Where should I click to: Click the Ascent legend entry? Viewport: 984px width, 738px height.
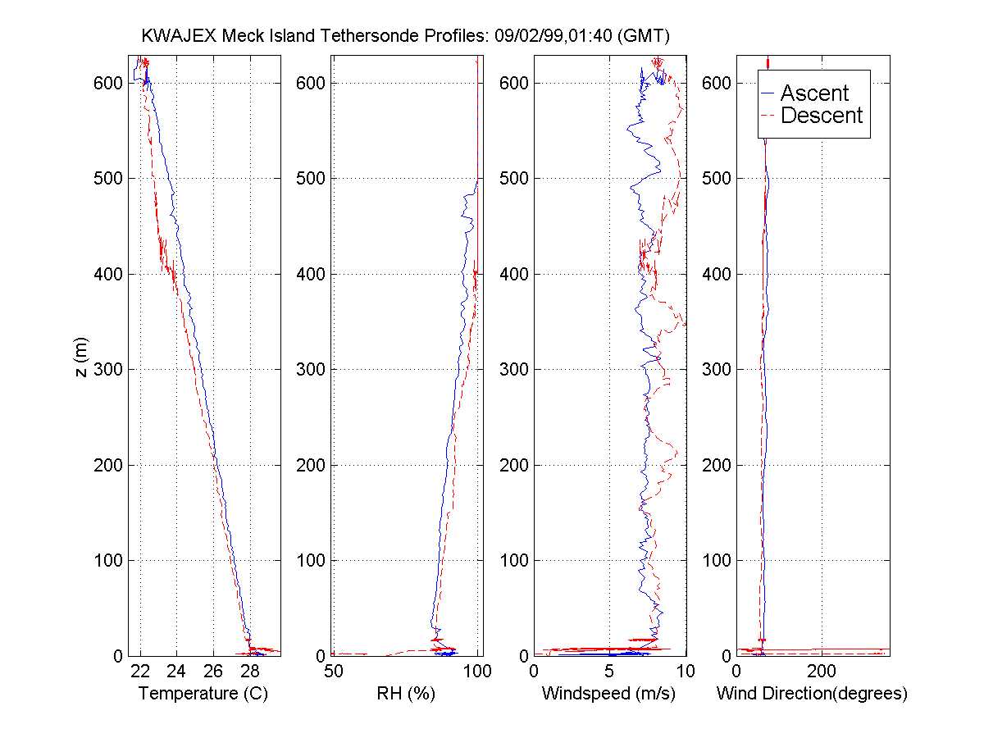pos(813,93)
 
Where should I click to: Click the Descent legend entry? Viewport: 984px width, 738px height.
pos(821,116)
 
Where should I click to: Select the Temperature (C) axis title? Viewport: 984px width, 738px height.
pos(203,694)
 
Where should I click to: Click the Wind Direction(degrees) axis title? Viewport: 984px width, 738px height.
pos(812,694)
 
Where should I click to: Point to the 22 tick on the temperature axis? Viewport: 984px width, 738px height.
pos(141,672)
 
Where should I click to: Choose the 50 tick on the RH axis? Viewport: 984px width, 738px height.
pos(334,672)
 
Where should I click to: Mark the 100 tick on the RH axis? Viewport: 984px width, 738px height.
pos(477,672)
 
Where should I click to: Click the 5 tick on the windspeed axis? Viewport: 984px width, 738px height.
pos(609,672)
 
